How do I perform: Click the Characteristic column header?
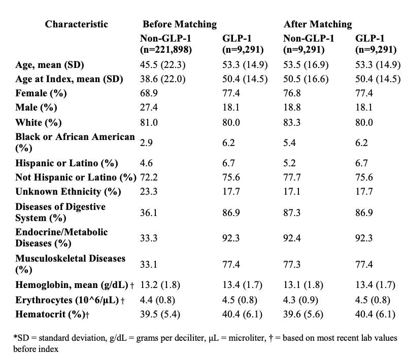77,24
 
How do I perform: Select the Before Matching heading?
180,24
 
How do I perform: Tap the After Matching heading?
318,24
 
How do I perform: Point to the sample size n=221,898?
166,49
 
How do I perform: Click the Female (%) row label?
41,93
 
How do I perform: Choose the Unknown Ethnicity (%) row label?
68,192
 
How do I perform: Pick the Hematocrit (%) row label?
52,314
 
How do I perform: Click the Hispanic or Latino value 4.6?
146,163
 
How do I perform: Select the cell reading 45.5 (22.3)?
162,65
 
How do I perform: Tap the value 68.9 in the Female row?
149,93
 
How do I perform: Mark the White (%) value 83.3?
292,122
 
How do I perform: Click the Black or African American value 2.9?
146,143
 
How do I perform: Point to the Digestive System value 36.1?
149,212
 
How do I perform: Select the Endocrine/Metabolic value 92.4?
292,238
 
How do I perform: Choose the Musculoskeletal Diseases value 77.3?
292,265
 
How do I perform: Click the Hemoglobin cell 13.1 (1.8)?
303,285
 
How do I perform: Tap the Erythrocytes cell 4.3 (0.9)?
300,300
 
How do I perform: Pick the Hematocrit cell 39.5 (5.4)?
160,314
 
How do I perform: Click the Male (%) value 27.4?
149,107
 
